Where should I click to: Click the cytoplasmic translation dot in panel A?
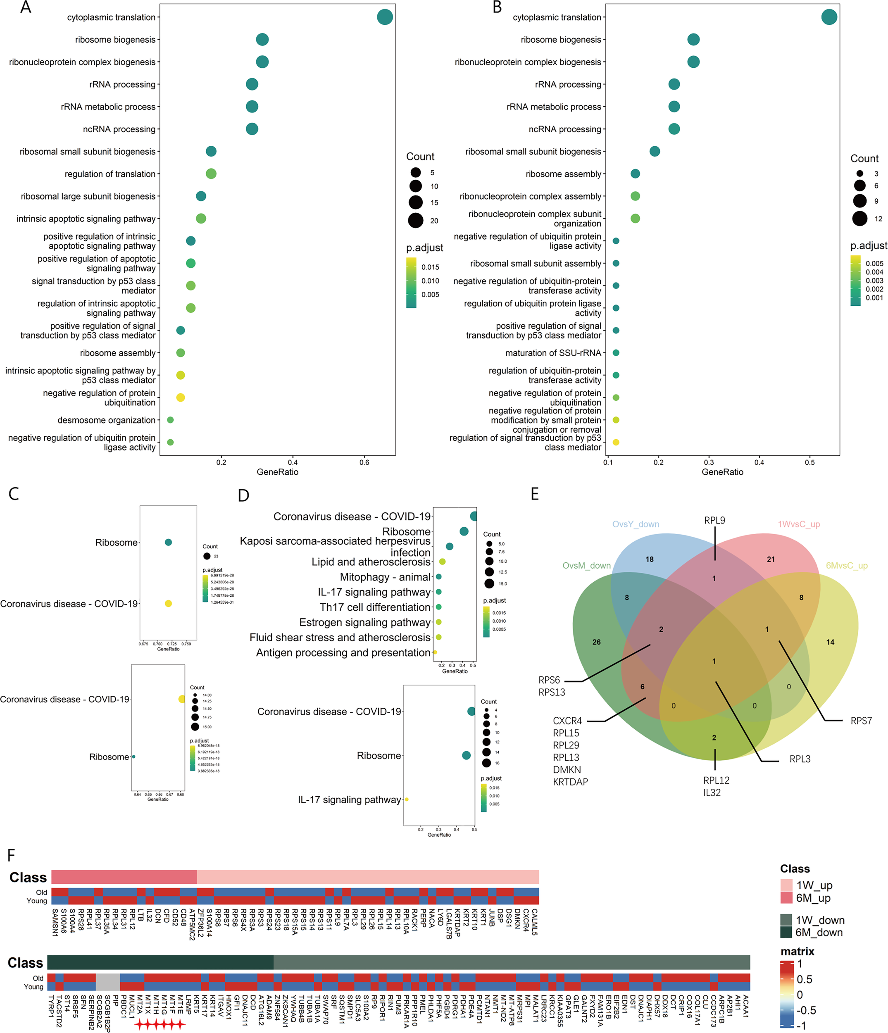384,17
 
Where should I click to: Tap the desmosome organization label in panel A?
106,420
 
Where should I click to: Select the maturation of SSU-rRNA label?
553,353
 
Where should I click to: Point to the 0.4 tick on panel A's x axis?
293,462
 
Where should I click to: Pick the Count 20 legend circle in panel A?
415,220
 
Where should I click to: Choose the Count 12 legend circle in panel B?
859,218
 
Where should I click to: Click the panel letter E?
535,494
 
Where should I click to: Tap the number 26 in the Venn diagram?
596,642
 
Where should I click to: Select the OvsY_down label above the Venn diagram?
635,524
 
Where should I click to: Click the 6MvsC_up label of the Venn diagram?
847,565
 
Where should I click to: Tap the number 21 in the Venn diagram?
771,559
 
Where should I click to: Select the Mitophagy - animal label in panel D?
385,577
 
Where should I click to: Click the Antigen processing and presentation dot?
435,652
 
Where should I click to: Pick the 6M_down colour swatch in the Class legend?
786,932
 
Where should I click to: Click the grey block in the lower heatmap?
108,982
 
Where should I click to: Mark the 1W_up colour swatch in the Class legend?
786,885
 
